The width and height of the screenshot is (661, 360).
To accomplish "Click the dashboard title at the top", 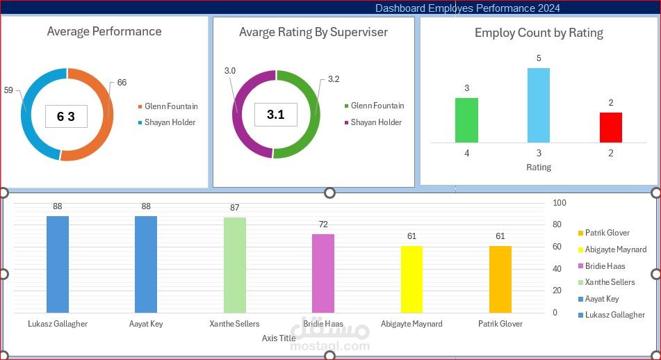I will [467, 8].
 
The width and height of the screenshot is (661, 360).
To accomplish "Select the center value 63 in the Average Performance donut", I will [66, 117].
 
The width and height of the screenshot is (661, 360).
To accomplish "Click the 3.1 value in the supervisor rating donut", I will [276, 115].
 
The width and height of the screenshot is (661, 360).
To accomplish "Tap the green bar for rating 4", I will [466, 120].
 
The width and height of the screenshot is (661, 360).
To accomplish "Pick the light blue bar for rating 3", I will [539, 105].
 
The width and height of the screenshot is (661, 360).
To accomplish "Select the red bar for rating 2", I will [611, 127].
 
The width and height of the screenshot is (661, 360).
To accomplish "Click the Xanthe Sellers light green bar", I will [235, 265].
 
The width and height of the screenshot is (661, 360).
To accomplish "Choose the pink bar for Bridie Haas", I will [323, 273].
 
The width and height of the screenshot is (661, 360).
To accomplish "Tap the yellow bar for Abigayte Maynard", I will [411, 279].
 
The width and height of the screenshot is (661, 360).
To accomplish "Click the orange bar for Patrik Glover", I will [500, 279].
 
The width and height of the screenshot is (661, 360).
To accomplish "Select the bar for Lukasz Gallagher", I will [58, 264].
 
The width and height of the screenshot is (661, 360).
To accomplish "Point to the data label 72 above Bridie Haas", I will [323, 224].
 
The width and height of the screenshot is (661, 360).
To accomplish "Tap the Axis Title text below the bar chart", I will [279, 338].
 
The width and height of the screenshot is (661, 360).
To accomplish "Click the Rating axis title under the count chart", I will [539, 167].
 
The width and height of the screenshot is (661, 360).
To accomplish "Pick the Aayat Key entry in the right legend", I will [602, 299].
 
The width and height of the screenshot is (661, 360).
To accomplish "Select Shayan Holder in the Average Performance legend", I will [170, 122].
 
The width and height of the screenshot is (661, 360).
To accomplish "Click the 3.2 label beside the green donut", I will [334, 79].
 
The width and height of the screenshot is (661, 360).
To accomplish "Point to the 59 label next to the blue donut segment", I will [8, 90].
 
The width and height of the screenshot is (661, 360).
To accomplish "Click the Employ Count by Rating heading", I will [539, 33].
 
